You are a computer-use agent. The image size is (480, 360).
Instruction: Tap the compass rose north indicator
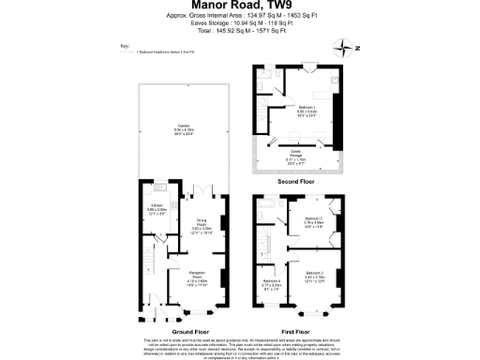coord(350,47)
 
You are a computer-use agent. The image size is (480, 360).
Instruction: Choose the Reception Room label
coord(197,277)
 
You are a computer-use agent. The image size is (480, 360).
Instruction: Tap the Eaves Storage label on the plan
coord(294,156)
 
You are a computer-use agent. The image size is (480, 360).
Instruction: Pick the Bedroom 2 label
coord(315,277)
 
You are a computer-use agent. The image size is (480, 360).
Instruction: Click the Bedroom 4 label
coord(272,282)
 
